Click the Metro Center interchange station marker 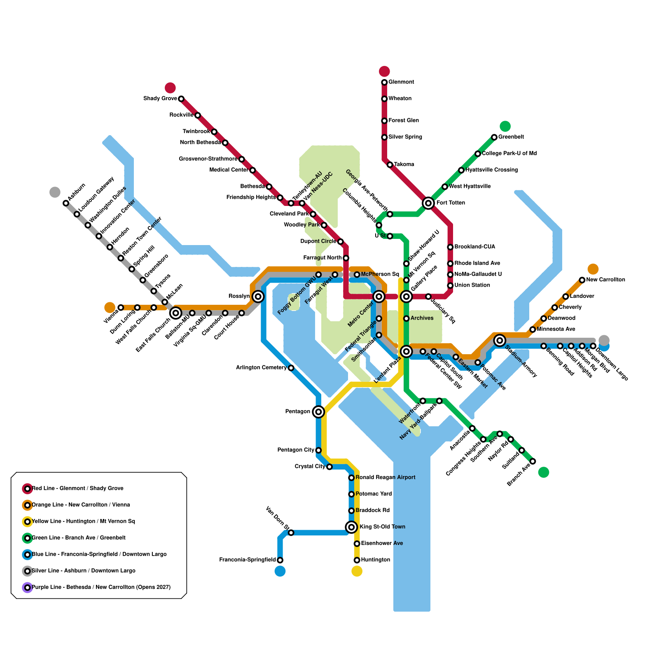click(379, 297)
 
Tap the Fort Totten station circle click(428, 203)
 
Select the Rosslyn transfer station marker click(258, 297)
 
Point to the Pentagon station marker click(318, 411)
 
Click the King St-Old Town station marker click(351, 527)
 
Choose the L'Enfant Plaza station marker click(407, 351)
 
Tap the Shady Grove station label click(160, 98)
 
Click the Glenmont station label click(401, 82)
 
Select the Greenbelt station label click(511, 137)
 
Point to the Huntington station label click(375, 560)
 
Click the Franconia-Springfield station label click(248, 560)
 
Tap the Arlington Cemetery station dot click(291, 368)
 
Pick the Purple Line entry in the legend click(101, 587)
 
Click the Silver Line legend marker click(28, 571)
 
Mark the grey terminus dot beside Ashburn click(55, 192)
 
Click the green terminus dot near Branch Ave click(543, 472)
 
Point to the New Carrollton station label click(605, 280)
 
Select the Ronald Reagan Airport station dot click(351, 478)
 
